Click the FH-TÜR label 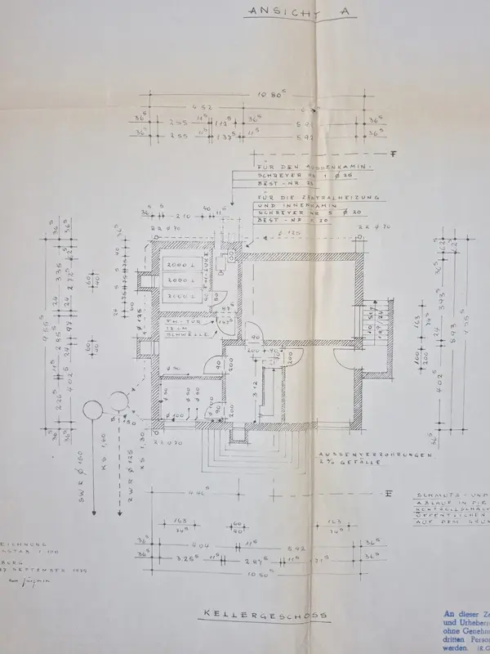point(176,322)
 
